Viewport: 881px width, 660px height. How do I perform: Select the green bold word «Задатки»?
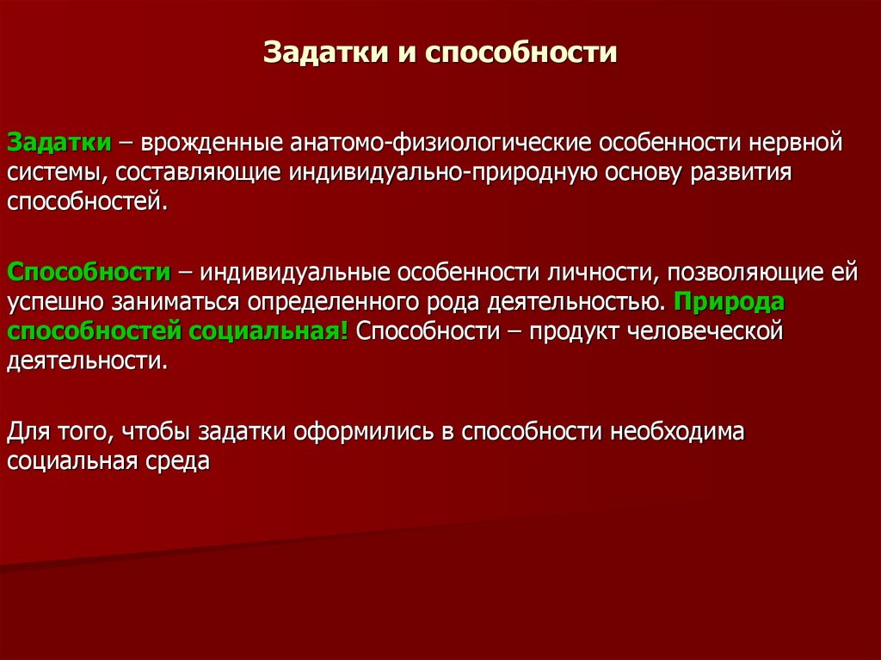pos(59,140)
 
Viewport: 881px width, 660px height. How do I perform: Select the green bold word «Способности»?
pos(89,274)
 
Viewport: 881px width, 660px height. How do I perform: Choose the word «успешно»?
pos(53,303)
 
